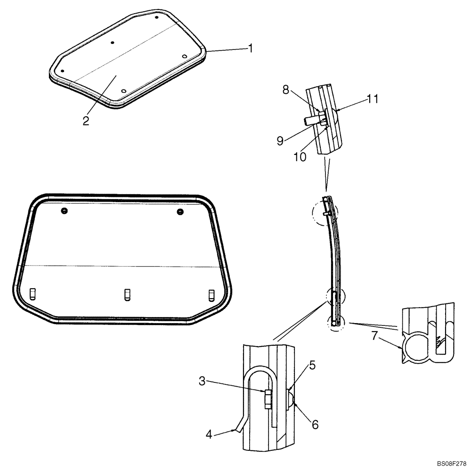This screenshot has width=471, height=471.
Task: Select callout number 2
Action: (86, 121)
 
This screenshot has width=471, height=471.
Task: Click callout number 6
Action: (314, 424)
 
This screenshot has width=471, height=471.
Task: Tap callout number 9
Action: (280, 141)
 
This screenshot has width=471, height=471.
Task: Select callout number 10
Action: (300, 156)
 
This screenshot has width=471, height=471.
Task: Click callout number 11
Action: (373, 99)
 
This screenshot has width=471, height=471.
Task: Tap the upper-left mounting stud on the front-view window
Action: (64, 211)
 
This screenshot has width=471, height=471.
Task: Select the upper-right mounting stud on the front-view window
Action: (180, 212)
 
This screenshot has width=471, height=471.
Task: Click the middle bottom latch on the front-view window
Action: (127, 294)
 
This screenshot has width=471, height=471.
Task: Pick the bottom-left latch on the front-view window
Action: (32, 294)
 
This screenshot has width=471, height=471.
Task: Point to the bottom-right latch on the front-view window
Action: (211, 294)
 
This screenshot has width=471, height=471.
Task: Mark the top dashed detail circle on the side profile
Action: (324, 214)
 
